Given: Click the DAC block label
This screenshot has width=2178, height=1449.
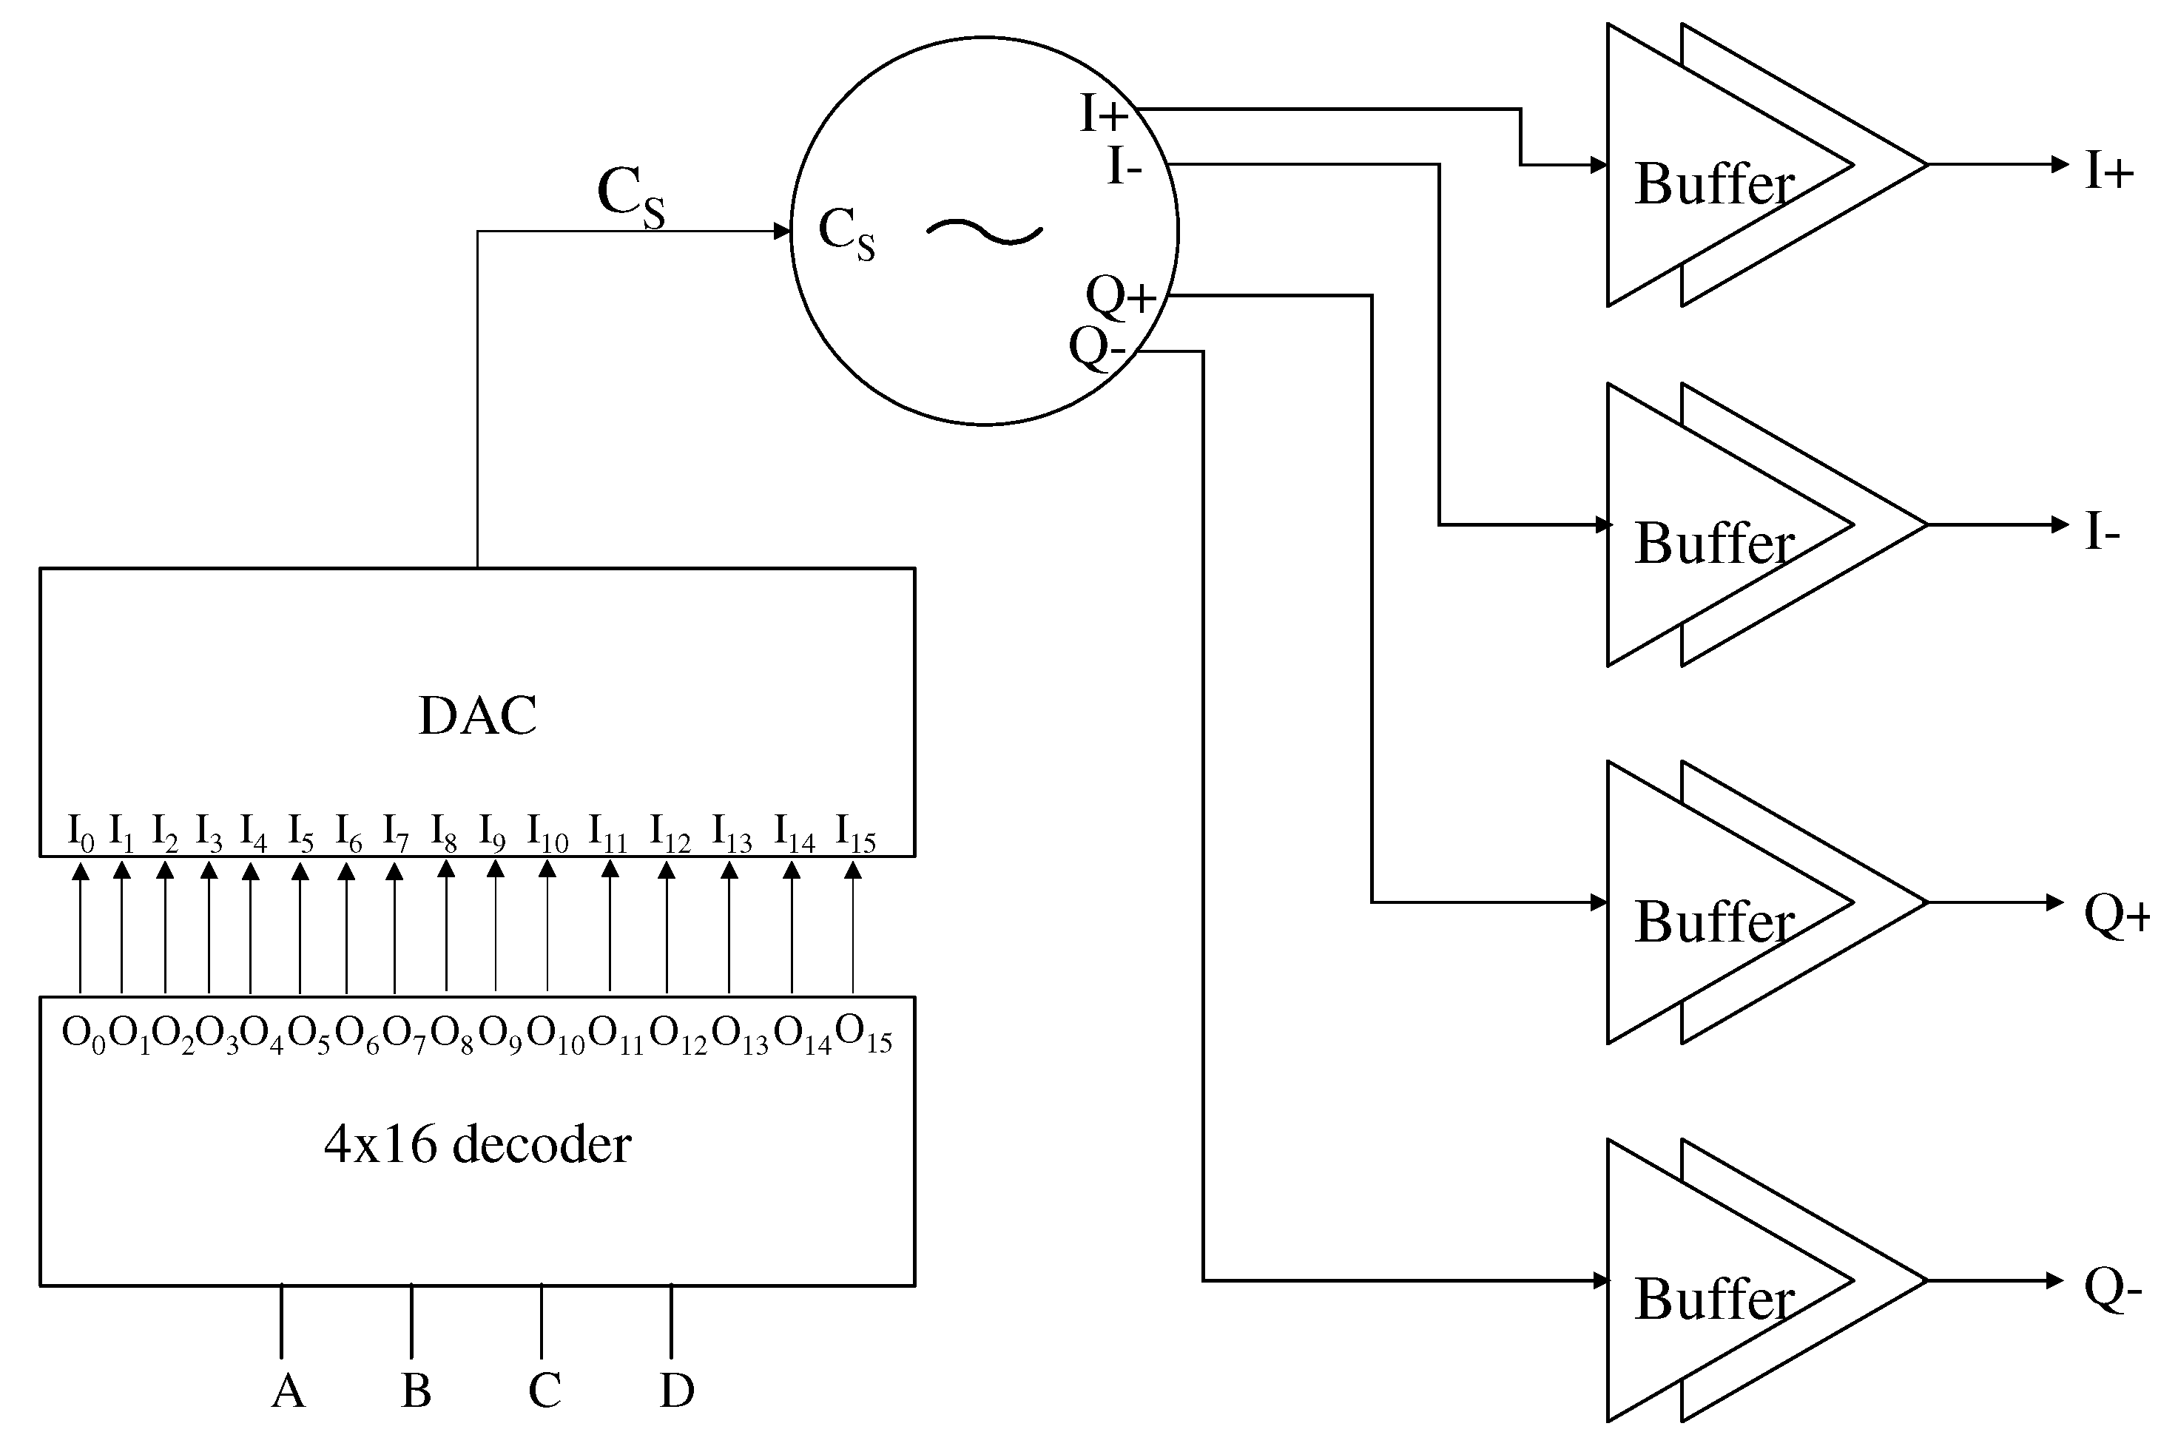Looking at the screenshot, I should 477,716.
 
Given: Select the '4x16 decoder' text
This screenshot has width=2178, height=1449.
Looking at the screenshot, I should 477,1145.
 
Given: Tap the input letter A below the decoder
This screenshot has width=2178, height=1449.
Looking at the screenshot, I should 289,1391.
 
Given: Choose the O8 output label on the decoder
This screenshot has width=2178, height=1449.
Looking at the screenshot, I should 452,1034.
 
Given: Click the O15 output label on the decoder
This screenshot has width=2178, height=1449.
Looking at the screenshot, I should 863,1033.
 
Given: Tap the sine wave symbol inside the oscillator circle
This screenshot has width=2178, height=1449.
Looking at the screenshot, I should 984,231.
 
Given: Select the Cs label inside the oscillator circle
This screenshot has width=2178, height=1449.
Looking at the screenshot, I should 846,233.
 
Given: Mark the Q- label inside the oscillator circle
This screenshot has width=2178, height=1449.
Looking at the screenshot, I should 1097,349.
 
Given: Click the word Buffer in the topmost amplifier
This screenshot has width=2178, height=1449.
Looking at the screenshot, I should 1714,185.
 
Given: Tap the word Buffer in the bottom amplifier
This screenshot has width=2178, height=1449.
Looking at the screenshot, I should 1714,1300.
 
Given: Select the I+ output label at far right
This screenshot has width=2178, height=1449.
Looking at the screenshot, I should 2108,172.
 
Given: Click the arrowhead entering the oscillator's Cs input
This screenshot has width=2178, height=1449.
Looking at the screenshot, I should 782,231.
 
